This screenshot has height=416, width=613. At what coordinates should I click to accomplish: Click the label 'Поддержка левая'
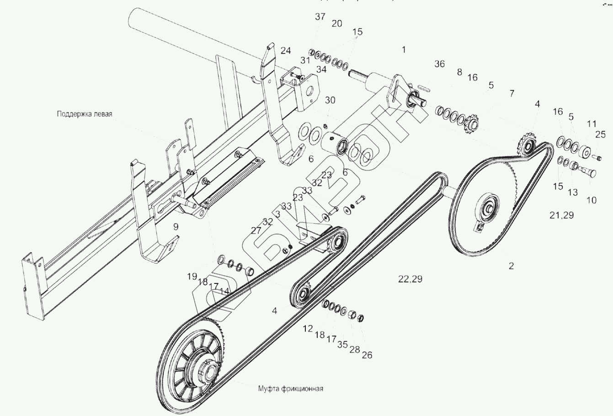point(85,114)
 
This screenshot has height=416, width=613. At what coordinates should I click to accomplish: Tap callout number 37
point(320,17)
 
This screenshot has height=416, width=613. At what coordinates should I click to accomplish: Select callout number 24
point(286,50)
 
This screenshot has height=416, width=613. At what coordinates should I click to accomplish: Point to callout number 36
point(439,64)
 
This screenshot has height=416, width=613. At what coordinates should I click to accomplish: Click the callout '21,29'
point(561,215)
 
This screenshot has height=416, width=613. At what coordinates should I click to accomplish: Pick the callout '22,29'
point(410,279)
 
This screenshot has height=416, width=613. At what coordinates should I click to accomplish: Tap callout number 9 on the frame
point(176,226)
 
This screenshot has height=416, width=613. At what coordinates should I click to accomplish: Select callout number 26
point(367,355)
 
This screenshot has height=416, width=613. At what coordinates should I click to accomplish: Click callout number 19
point(192,276)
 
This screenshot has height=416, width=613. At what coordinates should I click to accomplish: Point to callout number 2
point(511,266)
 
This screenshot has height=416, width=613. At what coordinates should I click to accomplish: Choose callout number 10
point(591,200)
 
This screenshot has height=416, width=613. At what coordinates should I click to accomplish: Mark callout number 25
point(600,134)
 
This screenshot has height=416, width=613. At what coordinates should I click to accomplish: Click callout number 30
point(330,100)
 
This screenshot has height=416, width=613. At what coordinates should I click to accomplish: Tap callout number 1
point(404,49)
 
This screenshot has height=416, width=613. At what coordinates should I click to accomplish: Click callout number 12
point(308,329)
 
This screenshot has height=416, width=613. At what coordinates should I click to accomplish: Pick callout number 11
point(592,123)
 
